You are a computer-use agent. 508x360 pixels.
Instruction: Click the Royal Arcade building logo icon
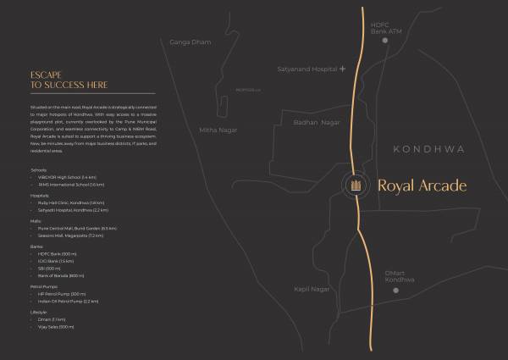[356, 185]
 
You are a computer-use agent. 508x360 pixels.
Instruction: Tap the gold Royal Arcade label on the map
[421, 185]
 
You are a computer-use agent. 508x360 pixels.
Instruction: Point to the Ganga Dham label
[190, 42]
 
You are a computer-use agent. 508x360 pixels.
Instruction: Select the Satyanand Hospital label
[306, 69]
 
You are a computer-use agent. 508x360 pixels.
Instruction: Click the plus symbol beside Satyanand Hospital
[342, 69]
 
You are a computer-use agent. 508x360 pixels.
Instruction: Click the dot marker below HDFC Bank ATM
[385, 40]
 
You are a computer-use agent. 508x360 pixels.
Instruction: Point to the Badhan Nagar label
[316, 123]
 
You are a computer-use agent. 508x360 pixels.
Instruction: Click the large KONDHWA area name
[429, 149]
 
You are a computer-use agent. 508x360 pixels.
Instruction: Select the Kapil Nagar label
[312, 289]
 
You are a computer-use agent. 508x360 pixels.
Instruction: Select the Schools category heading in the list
[38, 169]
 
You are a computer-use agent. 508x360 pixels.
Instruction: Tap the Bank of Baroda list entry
[62, 276]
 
